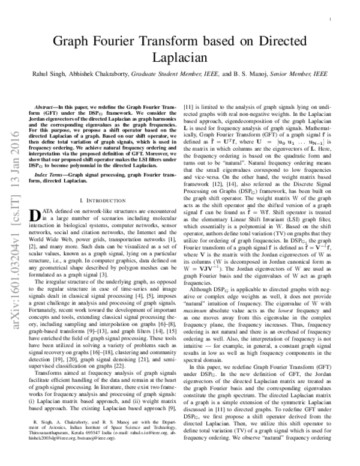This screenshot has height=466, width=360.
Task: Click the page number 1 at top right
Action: (x=330, y=20)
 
